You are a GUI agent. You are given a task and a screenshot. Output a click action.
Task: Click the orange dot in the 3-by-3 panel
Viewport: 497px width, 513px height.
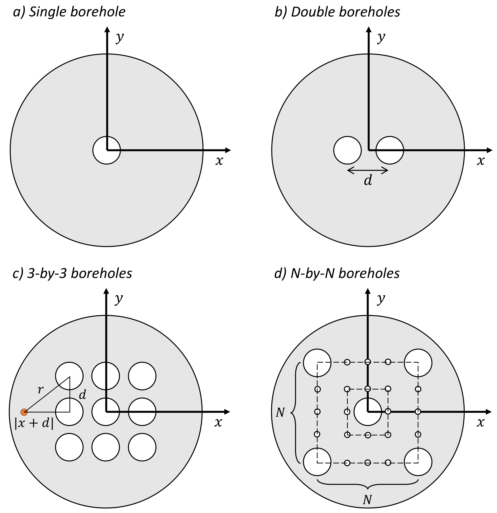click(24, 412)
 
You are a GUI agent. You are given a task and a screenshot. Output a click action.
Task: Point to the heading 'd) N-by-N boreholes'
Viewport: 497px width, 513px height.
click(337, 273)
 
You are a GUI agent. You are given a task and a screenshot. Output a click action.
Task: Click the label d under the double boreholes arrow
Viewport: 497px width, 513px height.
click(368, 180)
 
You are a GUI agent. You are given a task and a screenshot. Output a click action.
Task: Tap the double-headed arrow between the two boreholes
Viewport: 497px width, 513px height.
click(368, 170)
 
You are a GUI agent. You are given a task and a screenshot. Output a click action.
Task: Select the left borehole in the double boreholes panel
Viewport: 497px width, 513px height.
click(348, 150)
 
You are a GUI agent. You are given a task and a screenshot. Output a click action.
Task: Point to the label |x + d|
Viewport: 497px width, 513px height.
click(34, 423)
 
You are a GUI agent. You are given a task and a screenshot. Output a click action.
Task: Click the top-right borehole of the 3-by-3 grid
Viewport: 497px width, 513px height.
click(142, 376)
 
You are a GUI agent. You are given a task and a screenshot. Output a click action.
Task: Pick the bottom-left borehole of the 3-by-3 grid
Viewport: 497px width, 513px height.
click(69, 447)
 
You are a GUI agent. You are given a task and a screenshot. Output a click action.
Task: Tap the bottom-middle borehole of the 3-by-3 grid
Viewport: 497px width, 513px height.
click(106, 447)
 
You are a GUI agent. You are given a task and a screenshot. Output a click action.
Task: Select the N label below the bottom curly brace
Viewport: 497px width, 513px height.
click(367, 500)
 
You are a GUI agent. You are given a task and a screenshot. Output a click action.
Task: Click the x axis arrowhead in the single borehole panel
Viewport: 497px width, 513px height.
click(228, 150)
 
